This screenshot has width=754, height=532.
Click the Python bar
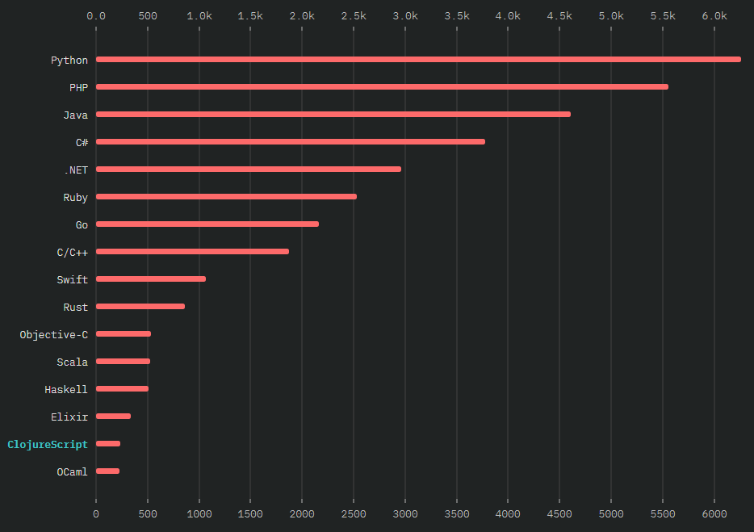pyautogui.click(x=418, y=59)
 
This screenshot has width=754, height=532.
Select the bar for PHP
pyautogui.click(x=382, y=86)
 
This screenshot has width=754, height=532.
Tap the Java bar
pyautogui.click(x=333, y=114)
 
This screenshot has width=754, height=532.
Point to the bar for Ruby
pyautogui.click(x=226, y=196)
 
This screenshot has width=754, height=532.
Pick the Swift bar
pyautogui.click(x=151, y=279)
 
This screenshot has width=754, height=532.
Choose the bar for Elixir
pyautogui.click(x=113, y=416)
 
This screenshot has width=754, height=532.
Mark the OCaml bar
pyautogui.click(x=107, y=471)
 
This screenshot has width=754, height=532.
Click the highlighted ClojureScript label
pyautogui.click(x=48, y=444)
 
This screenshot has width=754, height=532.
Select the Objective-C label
pyautogui.click(x=54, y=334)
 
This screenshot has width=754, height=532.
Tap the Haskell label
pyautogui.click(x=66, y=389)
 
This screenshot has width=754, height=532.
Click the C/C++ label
pyautogui.click(x=73, y=252)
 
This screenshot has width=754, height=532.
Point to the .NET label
pyautogui.click(x=76, y=170)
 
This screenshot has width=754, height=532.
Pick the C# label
pyautogui.click(x=82, y=142)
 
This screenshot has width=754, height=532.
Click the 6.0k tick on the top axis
pyautogui.click(x=714, y=16)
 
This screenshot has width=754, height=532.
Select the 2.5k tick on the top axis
pyautogui.click(x=354, y=16)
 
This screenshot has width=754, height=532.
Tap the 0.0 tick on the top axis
pyautogui.click(x=96, y=16)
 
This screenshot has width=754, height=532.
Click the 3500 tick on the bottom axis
pyautogui.click(x=457, y=513)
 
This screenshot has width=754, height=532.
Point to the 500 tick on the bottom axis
pyautogui.click(x=148, y=513)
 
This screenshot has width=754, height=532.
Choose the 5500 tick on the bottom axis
pyautogui.click(x=663, y=513)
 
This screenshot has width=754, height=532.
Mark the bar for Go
pyautogui.click(x=207, y=224)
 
